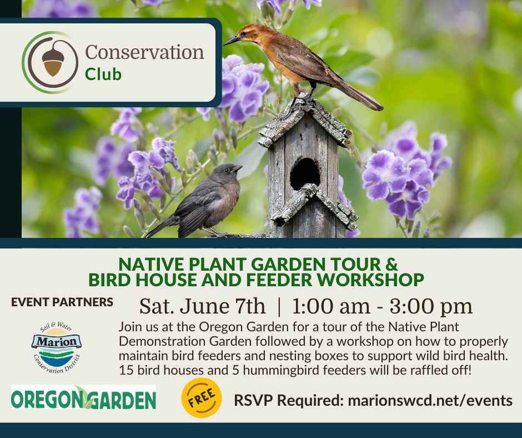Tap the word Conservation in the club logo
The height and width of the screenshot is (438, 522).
click(144, 52)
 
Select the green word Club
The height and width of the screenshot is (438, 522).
click(103, 74)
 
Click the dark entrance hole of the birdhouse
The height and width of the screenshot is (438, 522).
click(305, 174)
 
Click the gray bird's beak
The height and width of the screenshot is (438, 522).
click(238, 168)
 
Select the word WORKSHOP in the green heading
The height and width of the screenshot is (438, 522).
click(370, 280)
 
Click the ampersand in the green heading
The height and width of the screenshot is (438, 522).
click(392, 264)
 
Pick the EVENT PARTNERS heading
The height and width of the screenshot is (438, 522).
click(62, 302)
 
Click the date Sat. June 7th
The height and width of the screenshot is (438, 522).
click(202, 306)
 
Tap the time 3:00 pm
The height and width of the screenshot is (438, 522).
click(431, 307)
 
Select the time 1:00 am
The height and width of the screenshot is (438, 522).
click(331, 306)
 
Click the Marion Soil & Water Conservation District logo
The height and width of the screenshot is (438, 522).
click(57, 347)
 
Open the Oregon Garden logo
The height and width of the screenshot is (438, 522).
click(83, 397)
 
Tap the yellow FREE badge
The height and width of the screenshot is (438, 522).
click(202, 397)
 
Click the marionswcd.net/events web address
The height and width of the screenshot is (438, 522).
click(430, 400)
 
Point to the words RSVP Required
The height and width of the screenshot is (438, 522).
click(289, 400)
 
